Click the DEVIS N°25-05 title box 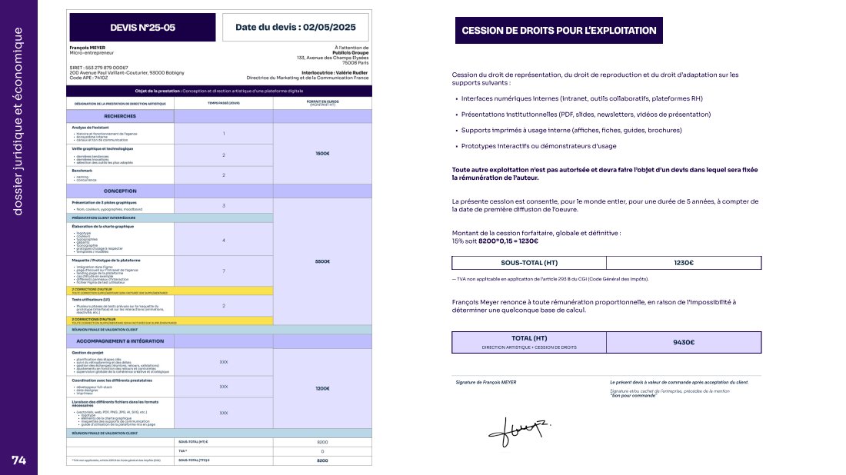142,27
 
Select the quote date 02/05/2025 296,27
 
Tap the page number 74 18,460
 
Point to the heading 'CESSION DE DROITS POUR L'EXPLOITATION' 558,31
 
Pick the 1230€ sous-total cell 684,263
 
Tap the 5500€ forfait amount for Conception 322,261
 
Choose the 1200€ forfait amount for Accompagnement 322,388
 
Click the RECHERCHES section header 121,116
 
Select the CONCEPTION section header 121,191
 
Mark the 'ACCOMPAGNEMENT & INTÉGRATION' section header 121,339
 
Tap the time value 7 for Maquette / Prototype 224,271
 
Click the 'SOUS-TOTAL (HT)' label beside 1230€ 529,263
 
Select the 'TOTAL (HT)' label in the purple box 529,337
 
